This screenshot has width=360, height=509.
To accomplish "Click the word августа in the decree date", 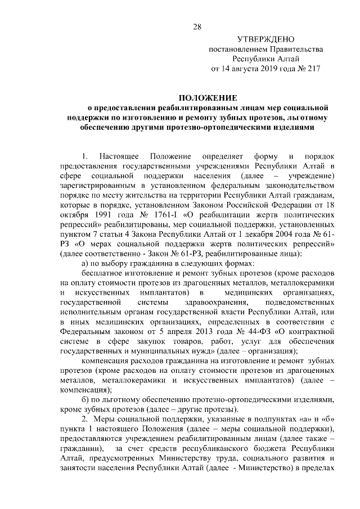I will coord(251,70).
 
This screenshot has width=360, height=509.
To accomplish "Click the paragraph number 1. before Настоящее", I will coord(85,155).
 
